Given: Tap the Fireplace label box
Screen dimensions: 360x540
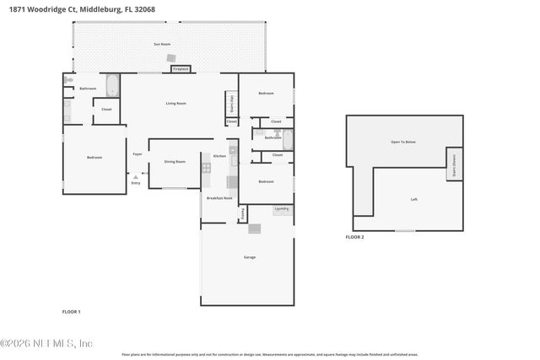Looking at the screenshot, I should (181, 68).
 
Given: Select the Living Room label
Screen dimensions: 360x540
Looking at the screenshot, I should (175, 103).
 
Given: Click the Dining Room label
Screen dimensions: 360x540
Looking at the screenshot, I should (175, 161).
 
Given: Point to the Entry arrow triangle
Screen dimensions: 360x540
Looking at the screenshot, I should (136, 177).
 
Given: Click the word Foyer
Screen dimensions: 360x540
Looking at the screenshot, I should (137, 153).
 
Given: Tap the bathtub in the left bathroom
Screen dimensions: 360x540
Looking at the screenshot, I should (113, 87).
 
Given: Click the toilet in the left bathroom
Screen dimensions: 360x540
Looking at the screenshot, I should (67, 81).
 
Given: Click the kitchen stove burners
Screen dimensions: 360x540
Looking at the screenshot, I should (205, 168).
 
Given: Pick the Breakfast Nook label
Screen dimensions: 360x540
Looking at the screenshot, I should (219, 197).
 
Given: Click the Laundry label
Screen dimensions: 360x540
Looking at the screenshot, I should (282, 208).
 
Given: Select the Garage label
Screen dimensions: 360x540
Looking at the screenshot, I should (250, 257).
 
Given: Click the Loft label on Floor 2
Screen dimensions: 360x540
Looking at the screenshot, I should (413, 199).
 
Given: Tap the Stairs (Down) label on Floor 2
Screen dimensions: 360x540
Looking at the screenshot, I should (454, 162).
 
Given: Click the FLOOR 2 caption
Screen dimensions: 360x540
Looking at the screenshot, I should (355, 238).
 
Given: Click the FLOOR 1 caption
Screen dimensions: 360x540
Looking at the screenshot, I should (72, 312).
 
